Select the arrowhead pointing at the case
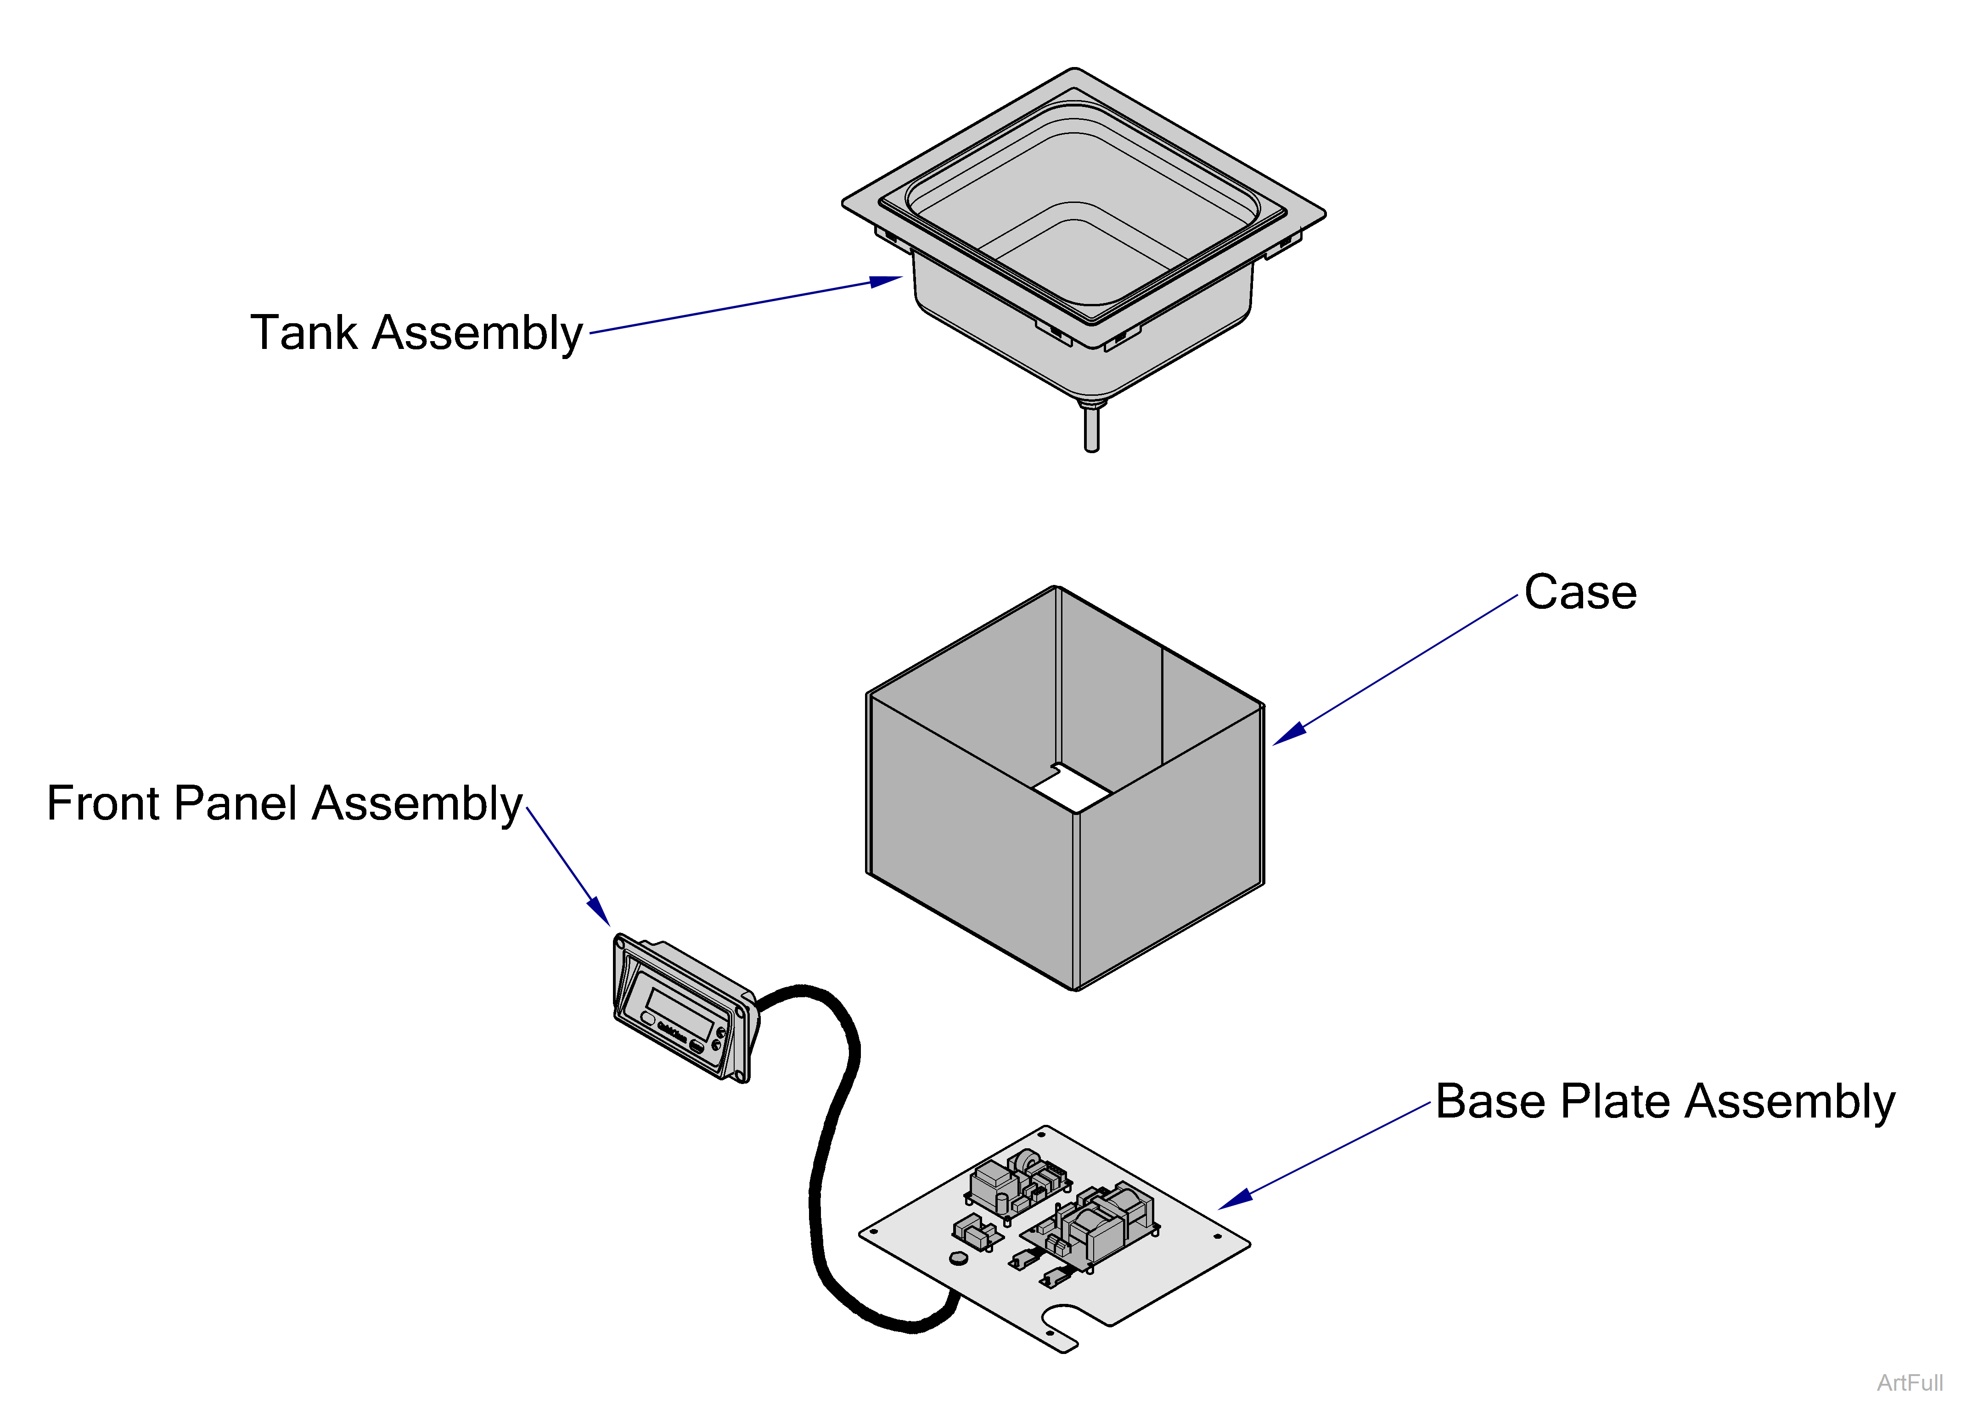(1289, 733)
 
